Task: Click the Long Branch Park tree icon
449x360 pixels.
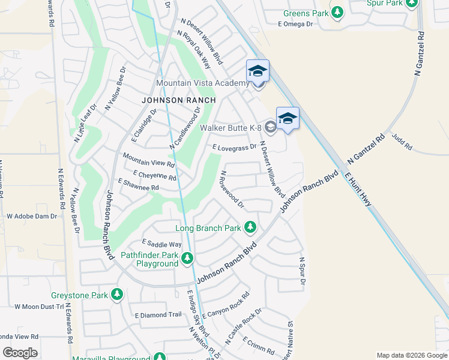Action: (x=250, y=227)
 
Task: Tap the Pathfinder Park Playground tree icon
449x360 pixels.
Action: (x=188, y=258)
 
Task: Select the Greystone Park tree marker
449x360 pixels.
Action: (x=117, y=295)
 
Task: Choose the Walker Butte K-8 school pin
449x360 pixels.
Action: (x=288, y=118)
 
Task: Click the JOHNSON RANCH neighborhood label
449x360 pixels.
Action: (x=170, y=100)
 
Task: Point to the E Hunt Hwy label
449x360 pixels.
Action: (x=357, y=190)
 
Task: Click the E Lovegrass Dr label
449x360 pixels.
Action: (x=234, y=146)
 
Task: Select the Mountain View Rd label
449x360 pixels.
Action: (x=148, y=160)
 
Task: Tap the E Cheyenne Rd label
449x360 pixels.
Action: (x=155, y=175)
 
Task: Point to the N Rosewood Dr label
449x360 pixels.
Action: (x=232, y=189)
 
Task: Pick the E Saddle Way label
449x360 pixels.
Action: (x=161, y=244)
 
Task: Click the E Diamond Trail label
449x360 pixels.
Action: (x=158, y=314)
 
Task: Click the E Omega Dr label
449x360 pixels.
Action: (x=296, y=24)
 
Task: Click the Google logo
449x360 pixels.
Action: (x=20, y=353)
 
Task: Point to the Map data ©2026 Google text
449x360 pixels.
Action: (x=411, y=355)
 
